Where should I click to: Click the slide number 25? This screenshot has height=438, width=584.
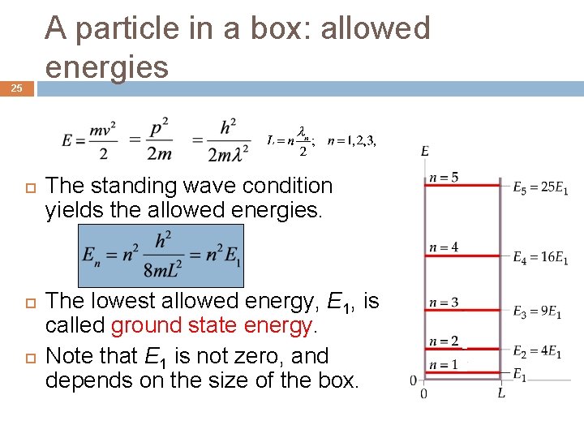[x=17, y=88]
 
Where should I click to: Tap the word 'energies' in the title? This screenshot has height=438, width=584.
[x=107, y=67]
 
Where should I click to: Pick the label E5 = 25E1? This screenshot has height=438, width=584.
[x=540, y=187]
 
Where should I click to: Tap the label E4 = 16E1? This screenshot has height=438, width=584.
[x=540, y=257]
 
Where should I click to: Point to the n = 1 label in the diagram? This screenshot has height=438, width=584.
[x=444, y=365]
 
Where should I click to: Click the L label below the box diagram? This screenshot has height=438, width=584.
[x=501, y=393]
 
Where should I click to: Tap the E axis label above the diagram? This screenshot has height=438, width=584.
[x=425, y=151]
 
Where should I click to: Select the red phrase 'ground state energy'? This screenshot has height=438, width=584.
[x=212, y=326]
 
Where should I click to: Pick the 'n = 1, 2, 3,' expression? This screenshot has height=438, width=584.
[x=351, y=140]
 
